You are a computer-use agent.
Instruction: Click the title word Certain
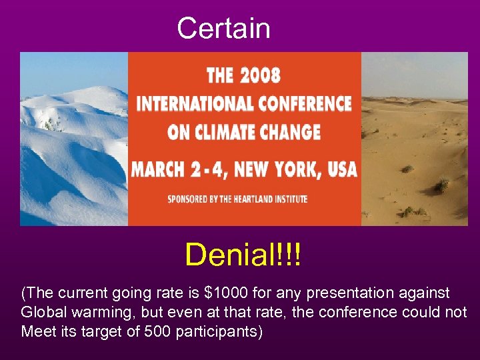(x=223, y=28)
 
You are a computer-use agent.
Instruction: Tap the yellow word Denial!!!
(x=243, y=255)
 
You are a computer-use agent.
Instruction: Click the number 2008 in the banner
(x=261, y=75)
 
